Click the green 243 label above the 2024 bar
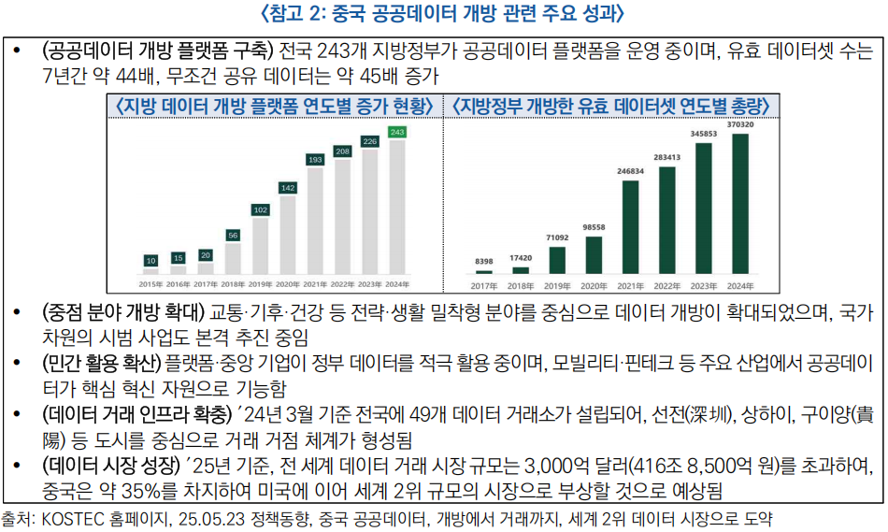click(x=397, y=133)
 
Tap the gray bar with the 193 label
click(x=315, y=220)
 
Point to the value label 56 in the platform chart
click(x=233, y=235)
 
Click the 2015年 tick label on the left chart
click(x=150, y=283)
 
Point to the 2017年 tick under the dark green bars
click(x=484, y=285)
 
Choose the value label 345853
click(x=704, y=134)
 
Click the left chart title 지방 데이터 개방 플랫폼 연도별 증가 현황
click(x=274, y=106)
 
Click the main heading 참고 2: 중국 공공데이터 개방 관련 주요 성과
click(x=444, y=14)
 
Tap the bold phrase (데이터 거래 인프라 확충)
click(x=136, y=413)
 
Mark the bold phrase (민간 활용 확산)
click(x=101, y=362)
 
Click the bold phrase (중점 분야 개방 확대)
click(x=123, y=311)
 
